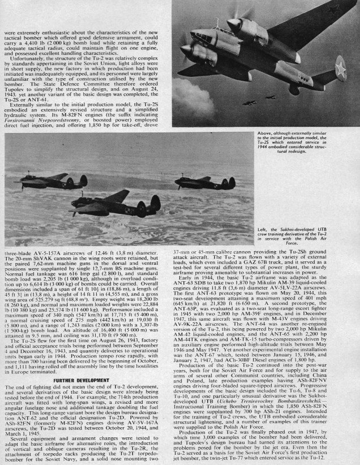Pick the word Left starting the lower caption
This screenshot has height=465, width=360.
pyautogui.click(x=262, y=229)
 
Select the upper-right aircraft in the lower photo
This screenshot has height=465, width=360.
pyautogui.click(x=205, y=182)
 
